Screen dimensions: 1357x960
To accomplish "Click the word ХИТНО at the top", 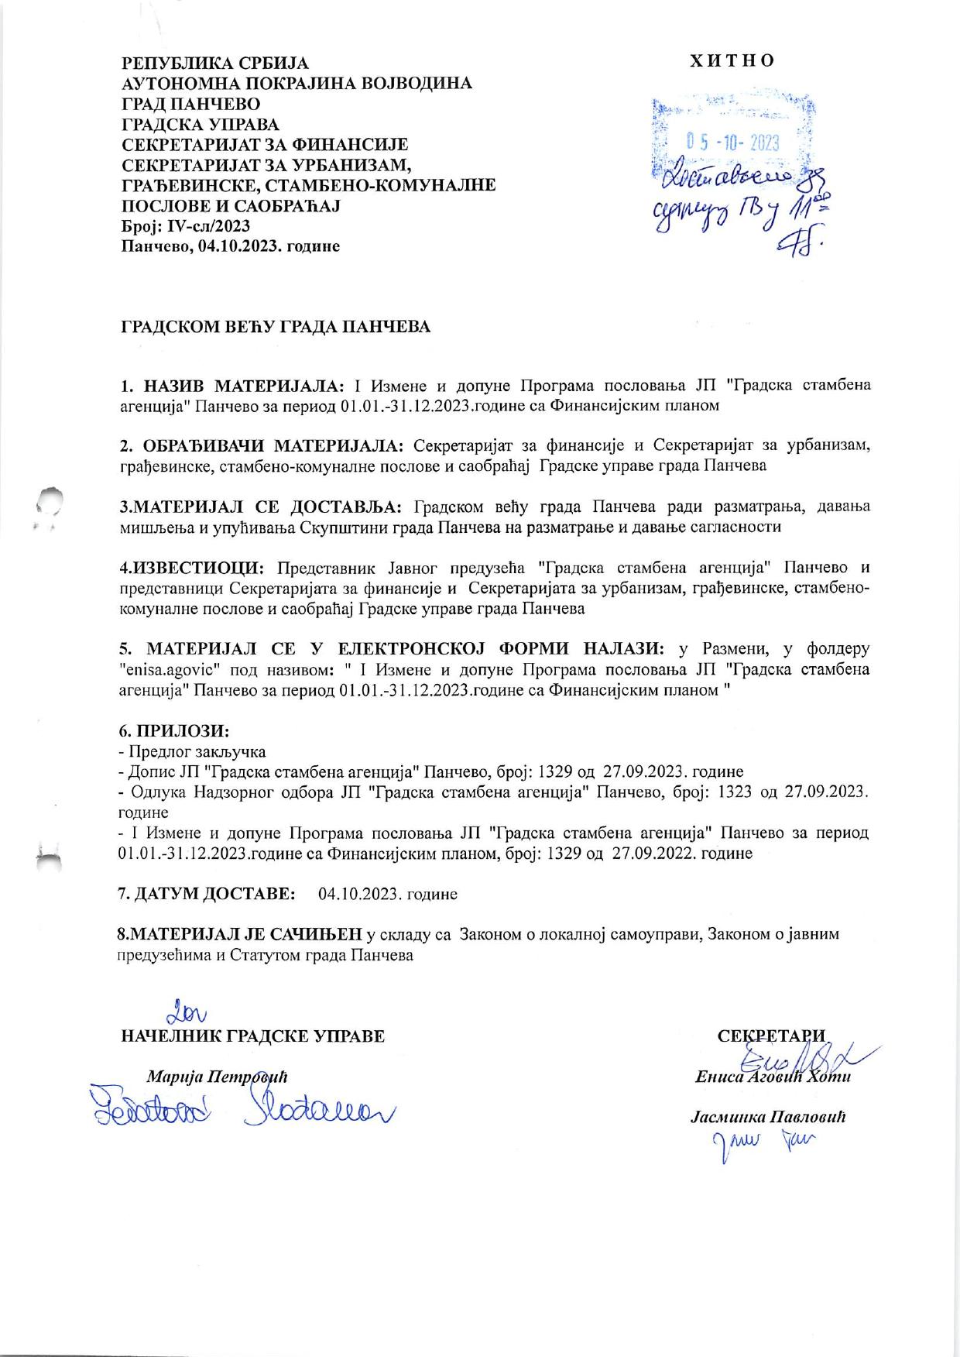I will [x=732, y=60].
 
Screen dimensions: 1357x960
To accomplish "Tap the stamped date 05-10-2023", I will [x=732, y=143].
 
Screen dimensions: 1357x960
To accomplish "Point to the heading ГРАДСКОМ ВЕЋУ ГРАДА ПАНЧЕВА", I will [x=274, y=327].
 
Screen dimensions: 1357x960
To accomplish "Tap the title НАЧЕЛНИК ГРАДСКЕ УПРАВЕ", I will [x=253, y=1036].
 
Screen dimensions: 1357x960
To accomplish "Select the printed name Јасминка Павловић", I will [x=767, y=1117].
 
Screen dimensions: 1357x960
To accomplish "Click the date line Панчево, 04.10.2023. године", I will [x=229, y=246].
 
